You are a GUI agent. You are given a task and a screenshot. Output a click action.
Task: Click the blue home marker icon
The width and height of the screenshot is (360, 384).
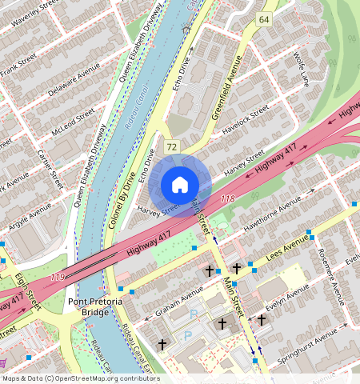click(x=180, y=186)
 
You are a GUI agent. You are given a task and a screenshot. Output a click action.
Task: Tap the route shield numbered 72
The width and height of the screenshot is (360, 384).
click(x=171, y=146)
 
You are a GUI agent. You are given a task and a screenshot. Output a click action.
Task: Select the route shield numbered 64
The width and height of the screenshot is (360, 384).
click(x=263, y=18)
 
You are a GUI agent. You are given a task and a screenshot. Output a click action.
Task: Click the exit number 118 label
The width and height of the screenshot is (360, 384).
click(x=227, y=198)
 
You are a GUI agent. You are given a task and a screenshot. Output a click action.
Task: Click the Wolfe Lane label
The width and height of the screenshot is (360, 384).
click(x=300, y=68)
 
